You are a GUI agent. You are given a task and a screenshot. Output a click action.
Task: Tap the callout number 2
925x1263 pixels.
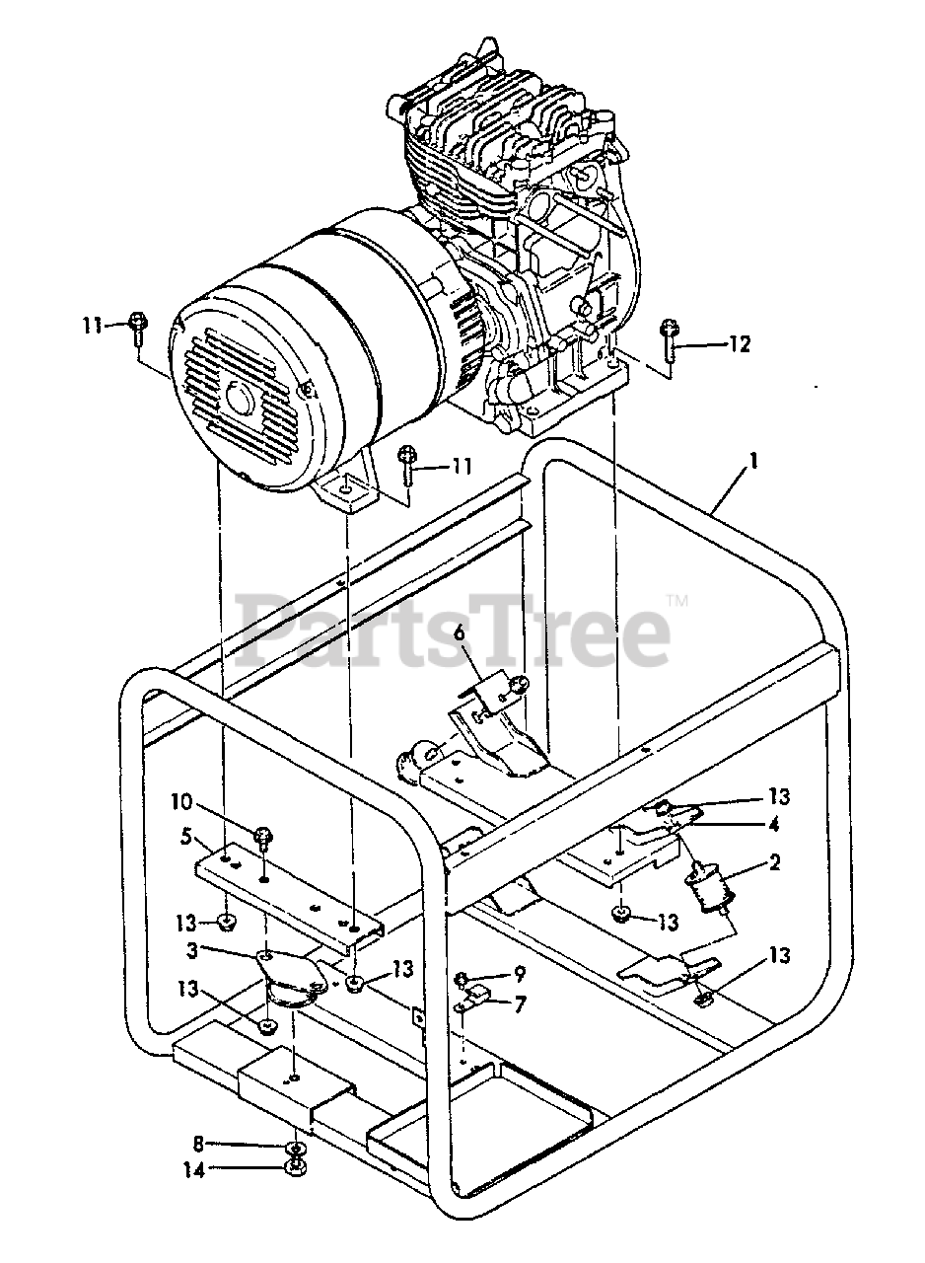tap(774, 863)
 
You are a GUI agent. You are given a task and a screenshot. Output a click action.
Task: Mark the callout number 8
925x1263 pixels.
tap(198, 1145)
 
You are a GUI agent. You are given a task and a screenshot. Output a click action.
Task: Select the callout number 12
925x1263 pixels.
tap(739, 343)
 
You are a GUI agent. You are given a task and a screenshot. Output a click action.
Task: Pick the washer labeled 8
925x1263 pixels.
tap(293, 1151)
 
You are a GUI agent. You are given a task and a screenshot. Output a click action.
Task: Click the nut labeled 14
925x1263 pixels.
tap(293, 1169)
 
